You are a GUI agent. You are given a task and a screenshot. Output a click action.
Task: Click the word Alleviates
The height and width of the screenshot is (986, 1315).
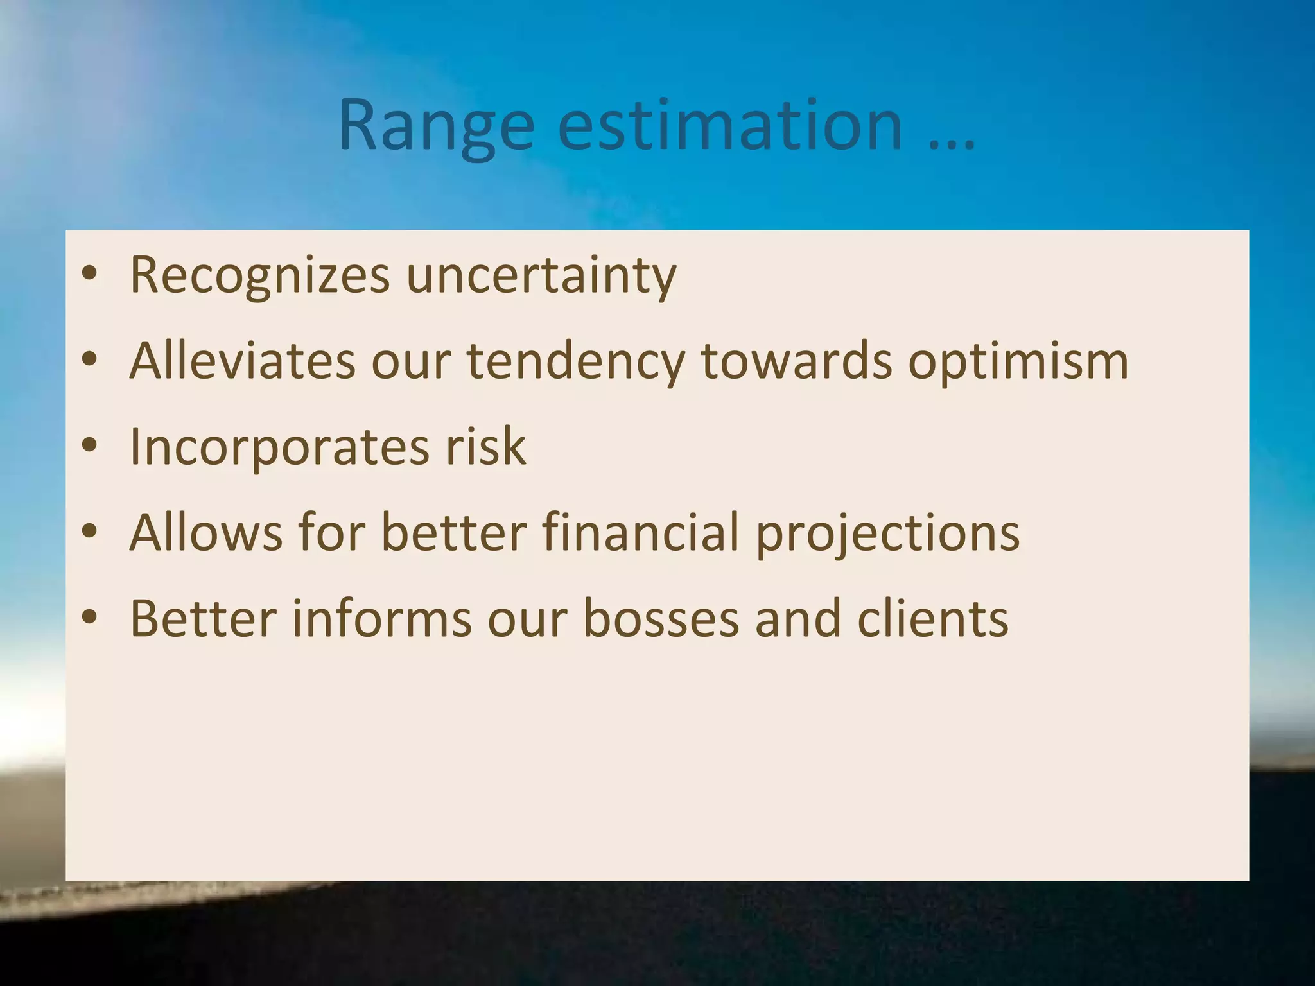pyautogui.click(x=243, y=361)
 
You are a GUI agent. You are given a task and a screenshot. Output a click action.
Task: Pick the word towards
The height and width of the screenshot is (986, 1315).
pyautogui.click(x=796, y=361)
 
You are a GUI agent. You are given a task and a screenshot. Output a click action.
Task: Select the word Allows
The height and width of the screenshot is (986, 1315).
pyautogui.click(x=205, y=533)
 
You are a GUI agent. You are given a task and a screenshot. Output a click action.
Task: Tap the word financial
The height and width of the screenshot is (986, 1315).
pyautogui.click(x=641, y=533)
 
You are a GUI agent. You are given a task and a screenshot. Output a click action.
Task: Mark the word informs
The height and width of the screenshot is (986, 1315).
pyautogui.click(x=382, y=619)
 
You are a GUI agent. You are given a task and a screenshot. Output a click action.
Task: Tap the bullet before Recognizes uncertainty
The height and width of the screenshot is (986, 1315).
pyautogui.click(x=89, y=273)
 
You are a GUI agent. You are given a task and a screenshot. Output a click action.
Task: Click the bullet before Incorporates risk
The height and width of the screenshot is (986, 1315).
pyautogui.click(x=89, y=445)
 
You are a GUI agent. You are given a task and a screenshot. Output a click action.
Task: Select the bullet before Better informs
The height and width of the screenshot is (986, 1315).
pyautogui.click(x=89, y=617)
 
